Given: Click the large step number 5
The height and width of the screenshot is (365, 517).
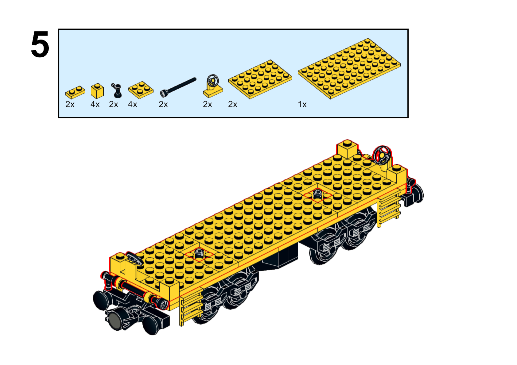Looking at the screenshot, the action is (40, 44).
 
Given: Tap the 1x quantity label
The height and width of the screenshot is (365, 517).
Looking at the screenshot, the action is (302, 105).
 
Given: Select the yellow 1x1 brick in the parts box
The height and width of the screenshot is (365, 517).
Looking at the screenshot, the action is (97, 91).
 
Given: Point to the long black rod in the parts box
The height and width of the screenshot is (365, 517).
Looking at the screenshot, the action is (178, 87).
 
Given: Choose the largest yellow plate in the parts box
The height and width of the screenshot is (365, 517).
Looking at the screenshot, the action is (349, 68).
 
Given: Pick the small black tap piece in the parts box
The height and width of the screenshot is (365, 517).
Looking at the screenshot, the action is (117, 90).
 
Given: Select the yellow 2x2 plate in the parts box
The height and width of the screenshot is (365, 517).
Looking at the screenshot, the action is (141, 90).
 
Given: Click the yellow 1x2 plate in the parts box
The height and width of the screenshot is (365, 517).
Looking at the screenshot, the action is (75, 92).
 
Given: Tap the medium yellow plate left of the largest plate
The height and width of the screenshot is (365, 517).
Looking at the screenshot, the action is (260, 79).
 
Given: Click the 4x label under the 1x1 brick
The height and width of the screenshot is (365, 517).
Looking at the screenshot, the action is (95, 105).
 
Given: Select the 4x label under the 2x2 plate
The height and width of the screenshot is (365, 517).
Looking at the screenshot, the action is (133, 105).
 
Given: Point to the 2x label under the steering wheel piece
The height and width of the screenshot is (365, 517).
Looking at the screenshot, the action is (207, 105).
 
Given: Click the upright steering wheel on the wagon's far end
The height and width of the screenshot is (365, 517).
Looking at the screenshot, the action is (382, 156).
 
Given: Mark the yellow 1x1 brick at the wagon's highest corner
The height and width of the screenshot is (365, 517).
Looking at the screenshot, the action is (347, 149).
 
